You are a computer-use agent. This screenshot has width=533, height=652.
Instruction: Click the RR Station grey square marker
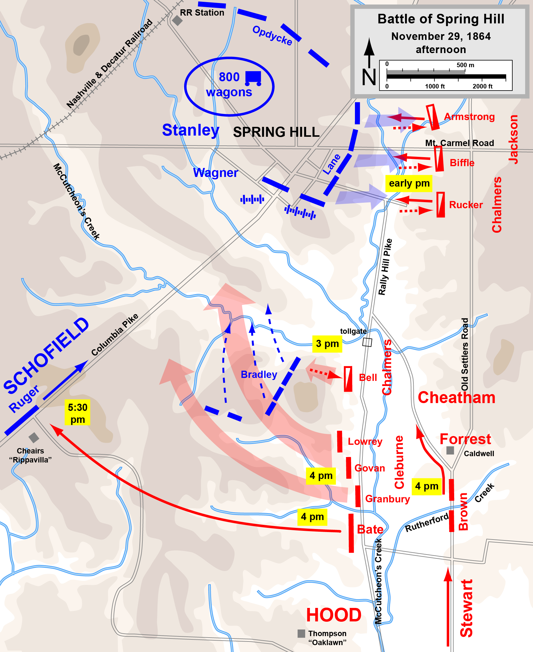coord(177,21)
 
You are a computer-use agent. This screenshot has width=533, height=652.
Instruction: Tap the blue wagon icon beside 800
coord(253,78)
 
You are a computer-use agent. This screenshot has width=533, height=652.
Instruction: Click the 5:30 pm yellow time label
coord(77,413)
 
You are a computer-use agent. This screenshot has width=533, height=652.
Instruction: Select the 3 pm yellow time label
coord(327,344)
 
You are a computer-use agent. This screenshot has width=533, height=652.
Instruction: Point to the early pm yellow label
coord(409,183)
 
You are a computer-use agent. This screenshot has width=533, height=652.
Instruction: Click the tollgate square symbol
coord(367,342)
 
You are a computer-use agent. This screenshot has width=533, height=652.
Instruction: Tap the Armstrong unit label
coord(469,117)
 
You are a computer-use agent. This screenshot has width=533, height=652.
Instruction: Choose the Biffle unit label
coord(462,163)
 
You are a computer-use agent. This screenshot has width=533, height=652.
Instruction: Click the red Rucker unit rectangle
coord(441,205)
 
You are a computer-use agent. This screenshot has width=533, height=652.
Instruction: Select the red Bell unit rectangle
coord(348,379)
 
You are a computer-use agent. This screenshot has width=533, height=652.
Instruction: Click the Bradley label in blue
coord(259,374)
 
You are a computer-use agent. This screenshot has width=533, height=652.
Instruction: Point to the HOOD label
coord(334,615)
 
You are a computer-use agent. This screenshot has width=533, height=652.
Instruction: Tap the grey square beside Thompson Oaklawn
coord(301,633)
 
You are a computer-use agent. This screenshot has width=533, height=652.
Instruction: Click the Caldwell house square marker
coord(450,450)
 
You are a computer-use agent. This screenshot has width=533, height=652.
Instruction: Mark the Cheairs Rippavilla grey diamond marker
coord(34,437)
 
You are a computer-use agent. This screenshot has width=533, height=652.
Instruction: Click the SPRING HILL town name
coord(276,132)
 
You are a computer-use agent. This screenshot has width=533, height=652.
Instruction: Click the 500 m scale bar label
coord(465,65)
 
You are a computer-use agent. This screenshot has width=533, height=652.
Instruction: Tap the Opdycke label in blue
coord(272,36)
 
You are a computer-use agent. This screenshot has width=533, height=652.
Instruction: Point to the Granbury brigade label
coord(388,499)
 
